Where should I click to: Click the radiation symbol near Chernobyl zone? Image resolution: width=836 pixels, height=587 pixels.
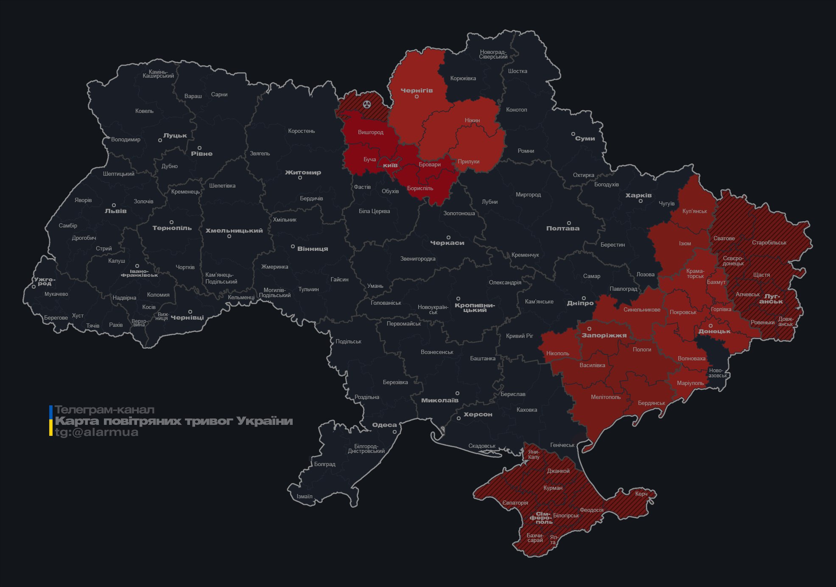(x=367, y=104)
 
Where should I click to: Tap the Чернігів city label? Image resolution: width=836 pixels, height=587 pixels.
(x=417, y=90)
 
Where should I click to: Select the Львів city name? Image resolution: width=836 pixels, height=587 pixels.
(x=115, y=211)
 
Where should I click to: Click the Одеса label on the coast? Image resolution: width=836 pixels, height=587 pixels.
(x=384, y=425)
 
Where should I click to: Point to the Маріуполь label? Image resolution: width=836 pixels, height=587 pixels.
(x=690, y=383)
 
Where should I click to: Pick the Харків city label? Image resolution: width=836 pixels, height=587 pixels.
(x=638, y=195)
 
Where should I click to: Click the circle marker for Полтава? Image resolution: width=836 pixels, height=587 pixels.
(x=569, y=223)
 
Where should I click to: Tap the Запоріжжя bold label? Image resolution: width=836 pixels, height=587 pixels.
(x=604, y=335)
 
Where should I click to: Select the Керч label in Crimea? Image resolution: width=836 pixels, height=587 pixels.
(x=641, y=494)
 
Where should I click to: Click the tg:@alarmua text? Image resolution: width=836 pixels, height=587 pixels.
(x=97, y=433)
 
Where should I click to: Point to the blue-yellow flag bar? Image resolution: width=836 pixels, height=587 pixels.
(x=51, y=421)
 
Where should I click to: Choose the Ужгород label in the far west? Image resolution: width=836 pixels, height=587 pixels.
(x=45, y=281)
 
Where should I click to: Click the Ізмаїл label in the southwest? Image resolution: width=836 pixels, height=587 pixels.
(x=304, y=496)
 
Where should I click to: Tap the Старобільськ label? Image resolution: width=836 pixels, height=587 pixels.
(x=769, y=243)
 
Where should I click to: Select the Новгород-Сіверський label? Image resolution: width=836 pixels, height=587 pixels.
(x=493, y=54)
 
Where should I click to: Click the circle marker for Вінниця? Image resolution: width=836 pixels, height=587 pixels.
(x=293, y=247)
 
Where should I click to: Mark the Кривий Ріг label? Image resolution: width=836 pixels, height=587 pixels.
(x=519, y=336)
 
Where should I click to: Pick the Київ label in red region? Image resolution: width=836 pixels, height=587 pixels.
(x=390, y=165)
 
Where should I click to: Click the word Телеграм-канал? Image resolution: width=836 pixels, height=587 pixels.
(x=104, y=410)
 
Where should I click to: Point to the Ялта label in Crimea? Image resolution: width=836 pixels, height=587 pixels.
(x=553, y=539)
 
